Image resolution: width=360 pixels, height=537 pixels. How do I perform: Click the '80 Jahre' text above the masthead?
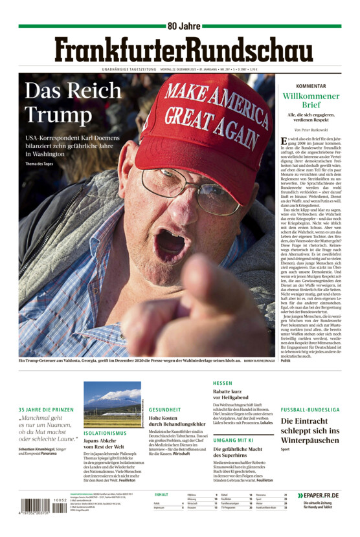point(183,26)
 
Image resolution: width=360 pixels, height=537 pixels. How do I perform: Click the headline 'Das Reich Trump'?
point(63,103)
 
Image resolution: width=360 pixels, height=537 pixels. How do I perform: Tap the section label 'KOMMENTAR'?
point(310,86)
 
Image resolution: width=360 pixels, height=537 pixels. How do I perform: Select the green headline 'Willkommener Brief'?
point(311,100)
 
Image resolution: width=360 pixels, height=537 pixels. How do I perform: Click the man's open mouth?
point(170,244)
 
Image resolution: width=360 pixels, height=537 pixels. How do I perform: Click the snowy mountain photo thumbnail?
point(111,404)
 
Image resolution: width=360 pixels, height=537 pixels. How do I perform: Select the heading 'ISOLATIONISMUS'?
point(105,433)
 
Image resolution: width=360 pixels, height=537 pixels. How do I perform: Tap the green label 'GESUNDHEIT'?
point(164,410)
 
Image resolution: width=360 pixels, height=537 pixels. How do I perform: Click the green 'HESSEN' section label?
point(222,383)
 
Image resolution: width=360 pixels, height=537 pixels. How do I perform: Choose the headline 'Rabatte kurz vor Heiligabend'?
point(236,395)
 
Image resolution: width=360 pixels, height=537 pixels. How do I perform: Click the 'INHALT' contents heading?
point(161,495)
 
